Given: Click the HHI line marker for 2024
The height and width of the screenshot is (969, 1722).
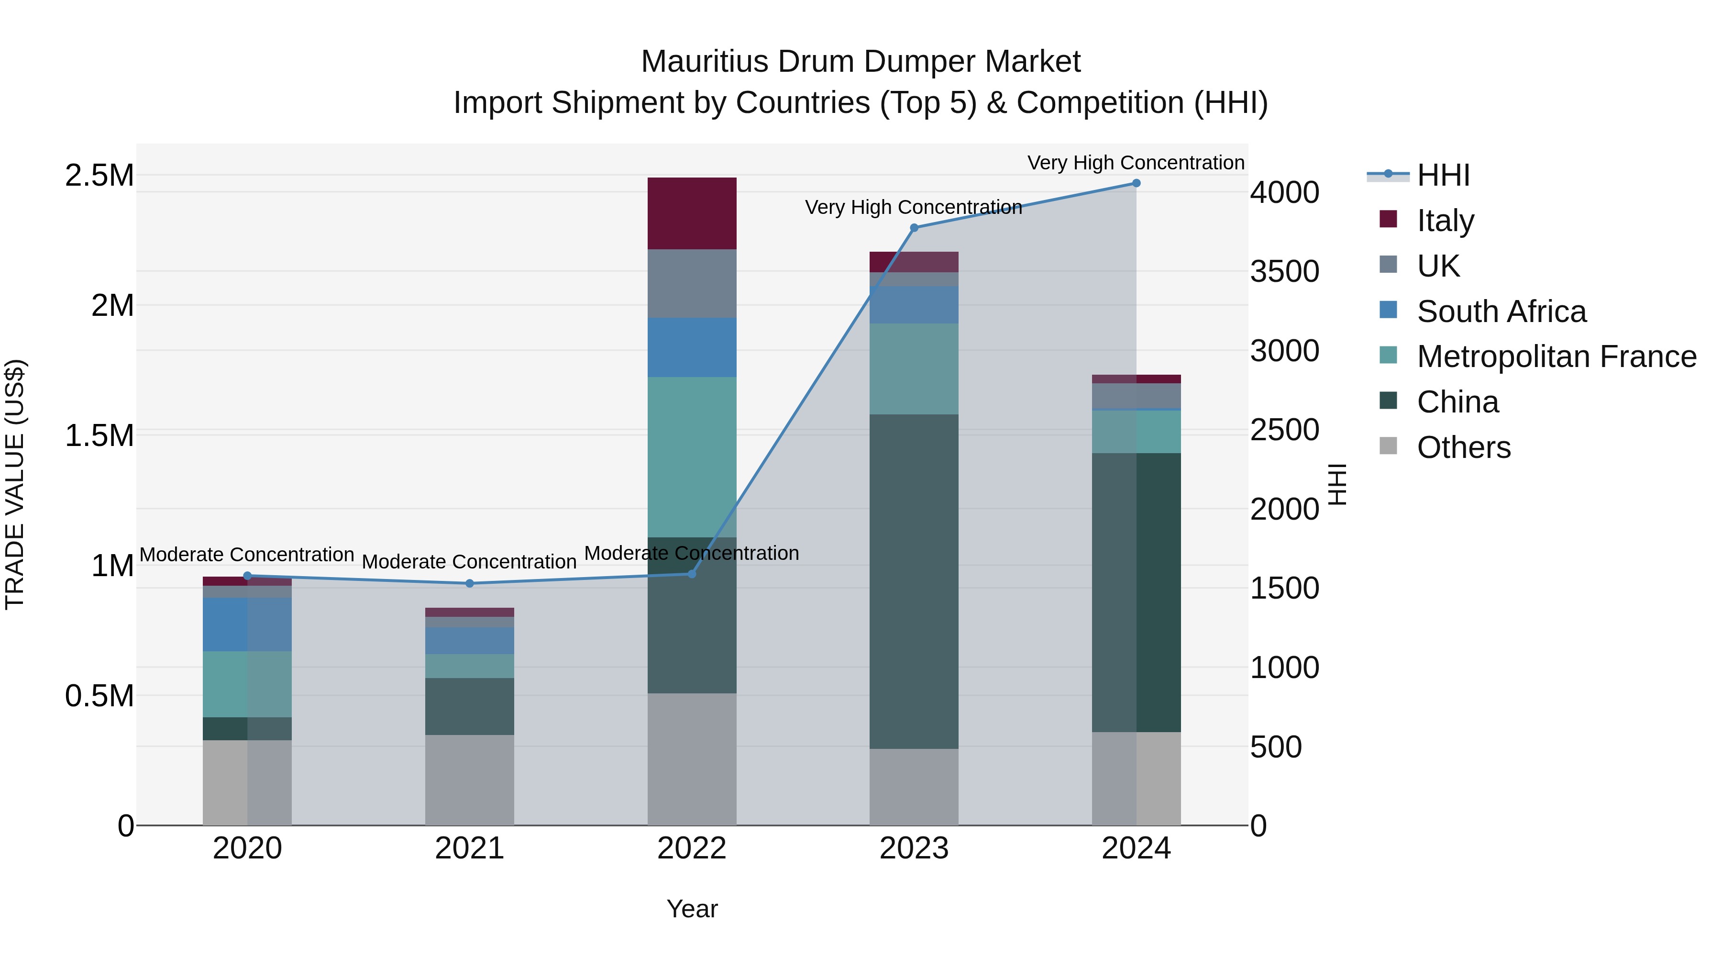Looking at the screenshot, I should pyautogui.click(x=1136, y=183).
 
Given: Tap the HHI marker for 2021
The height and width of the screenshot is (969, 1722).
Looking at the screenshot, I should pyautogui.click(x=469, y=583).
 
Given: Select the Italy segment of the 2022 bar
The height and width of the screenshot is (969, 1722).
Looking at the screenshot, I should pyautogui.click(x=692, y=213).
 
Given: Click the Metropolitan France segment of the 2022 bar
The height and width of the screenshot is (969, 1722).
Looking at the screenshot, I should pyautogui.click(x=692, y=457).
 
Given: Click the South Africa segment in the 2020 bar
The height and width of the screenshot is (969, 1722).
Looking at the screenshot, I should pyautogui.click(x=247, y=624).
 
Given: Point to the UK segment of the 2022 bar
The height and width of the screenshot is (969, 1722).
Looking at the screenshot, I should pyautogui.click(x=692, y=284).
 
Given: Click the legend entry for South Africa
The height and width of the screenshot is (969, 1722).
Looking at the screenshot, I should pyautogui.click(x=1501, y=312).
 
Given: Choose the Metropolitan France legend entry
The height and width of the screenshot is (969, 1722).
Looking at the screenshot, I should pyautogui.click(x=1556, y=356).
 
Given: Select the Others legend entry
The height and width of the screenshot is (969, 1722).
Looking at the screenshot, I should pyautogui.click(x=1463, y=447).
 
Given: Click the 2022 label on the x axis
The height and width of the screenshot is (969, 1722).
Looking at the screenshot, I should pyautogui.click(x=692, y=848).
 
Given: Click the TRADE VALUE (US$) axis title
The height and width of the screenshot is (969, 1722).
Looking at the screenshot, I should pyautogui.click(x=15, y=484).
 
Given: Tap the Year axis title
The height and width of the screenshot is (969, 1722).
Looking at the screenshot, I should pyautogui.click(x=692, y=909).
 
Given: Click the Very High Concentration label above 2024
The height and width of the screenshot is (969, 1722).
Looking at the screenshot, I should pyautogui.click(x=1135, y=163).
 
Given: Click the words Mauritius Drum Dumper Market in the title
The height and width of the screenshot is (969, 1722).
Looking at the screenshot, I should pyautogui.click(x=861, y=62).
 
